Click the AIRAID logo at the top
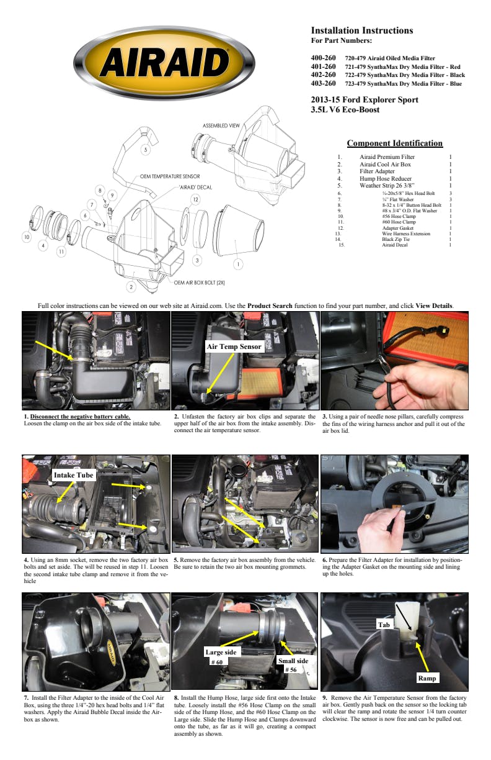167,62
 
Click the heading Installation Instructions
361,30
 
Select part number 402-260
323,75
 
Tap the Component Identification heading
394,143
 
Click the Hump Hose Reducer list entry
385,178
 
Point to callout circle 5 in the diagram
146,150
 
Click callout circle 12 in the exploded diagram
195,199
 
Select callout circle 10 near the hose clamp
26,237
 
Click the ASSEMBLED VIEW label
221,126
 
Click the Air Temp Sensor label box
234,347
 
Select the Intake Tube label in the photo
73,475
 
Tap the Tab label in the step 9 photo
384,625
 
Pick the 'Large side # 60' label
221,657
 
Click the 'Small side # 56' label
293,665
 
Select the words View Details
434,305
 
